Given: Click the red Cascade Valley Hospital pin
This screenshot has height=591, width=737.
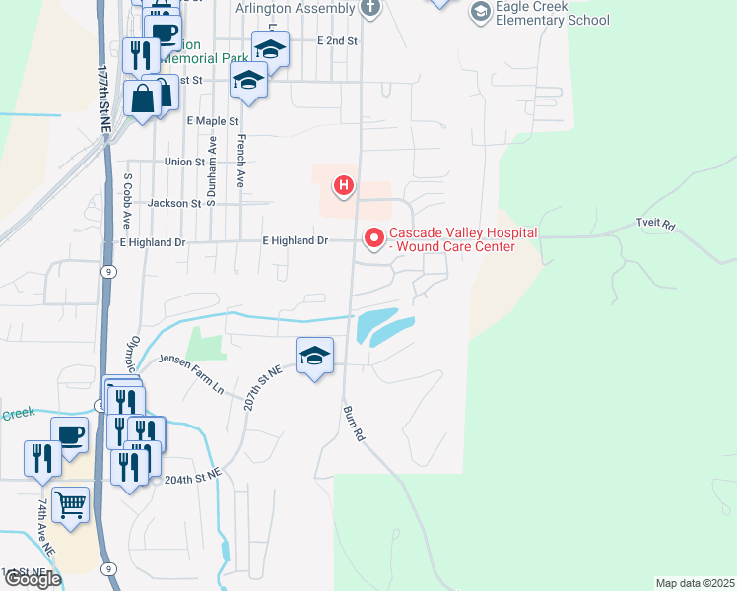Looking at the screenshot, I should click(373, 237).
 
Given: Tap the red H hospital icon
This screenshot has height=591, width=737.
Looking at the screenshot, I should click(344, 185).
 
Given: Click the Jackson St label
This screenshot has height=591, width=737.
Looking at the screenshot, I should click(173, 203).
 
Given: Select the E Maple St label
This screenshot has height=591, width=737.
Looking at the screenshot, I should click(212, 120).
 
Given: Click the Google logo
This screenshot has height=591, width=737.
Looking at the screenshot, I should click(32, 579).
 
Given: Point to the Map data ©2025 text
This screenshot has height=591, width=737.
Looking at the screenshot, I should click(695, 582).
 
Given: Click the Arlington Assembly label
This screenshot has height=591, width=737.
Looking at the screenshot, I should click(296, 8).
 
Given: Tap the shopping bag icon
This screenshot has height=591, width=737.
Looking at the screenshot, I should click(144, 98).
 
